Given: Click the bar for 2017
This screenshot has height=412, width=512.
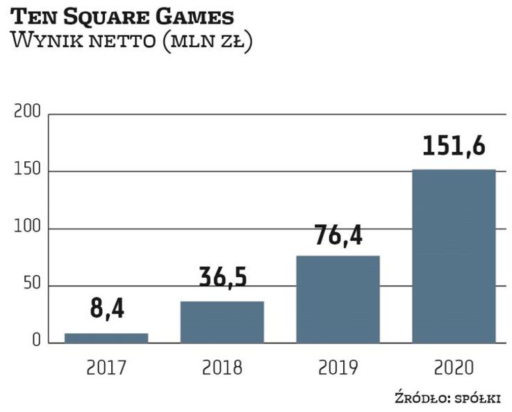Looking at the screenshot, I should pos(106,338).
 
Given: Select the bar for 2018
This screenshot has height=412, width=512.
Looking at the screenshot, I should pos(222,322).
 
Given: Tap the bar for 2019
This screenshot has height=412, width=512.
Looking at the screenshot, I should pos(338,299).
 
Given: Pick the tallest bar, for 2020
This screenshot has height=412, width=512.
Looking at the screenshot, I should pos(454,256).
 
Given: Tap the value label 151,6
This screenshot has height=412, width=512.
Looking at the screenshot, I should pos(454,146).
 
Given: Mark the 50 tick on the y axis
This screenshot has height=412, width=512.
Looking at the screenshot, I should pos(31,286).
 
